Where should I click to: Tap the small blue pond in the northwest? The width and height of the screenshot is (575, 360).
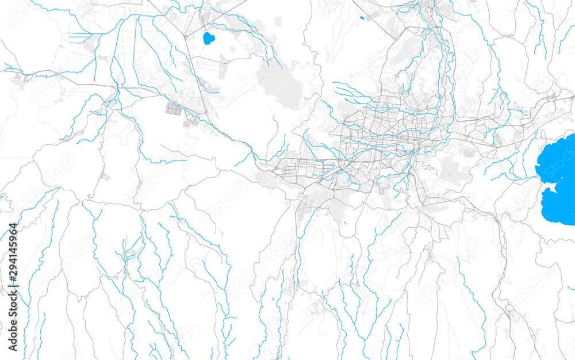point(208,39)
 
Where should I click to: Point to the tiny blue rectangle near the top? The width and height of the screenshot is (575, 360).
point(362,18)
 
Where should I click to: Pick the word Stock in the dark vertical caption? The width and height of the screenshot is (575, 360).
point(13,313)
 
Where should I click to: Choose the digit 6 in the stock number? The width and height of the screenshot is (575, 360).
point(13,234)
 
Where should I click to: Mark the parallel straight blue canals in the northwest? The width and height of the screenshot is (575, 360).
point(80,38)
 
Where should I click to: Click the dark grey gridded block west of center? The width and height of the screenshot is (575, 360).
point(173,108)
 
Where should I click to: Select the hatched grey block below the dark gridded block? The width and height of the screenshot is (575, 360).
point(189,121)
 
